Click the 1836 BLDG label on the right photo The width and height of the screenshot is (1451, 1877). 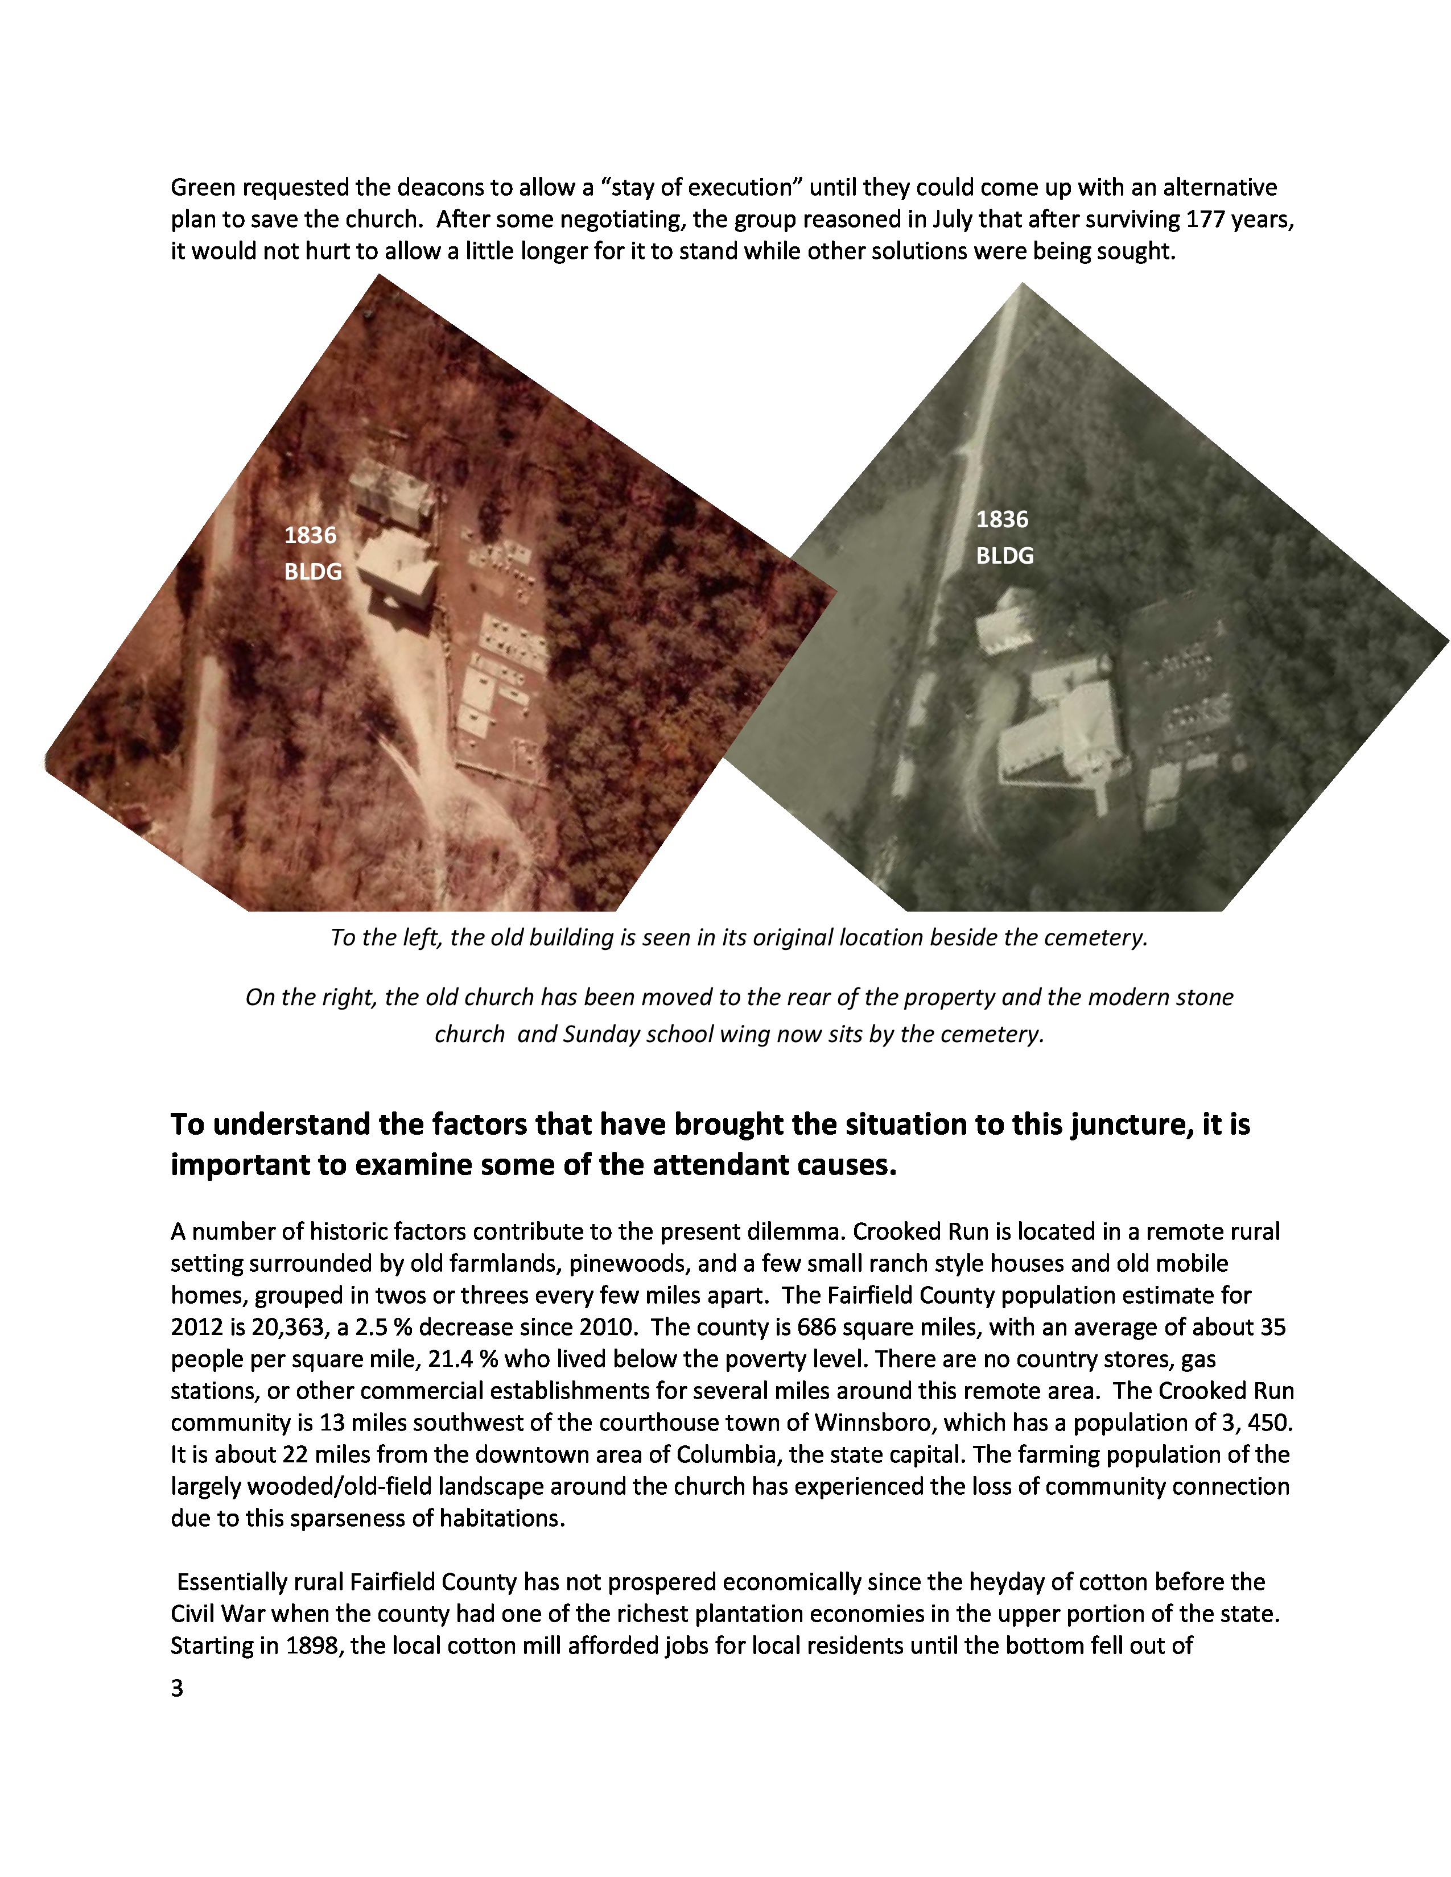click(1004, 537)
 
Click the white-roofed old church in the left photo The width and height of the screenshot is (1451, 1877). click(397, 567)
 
